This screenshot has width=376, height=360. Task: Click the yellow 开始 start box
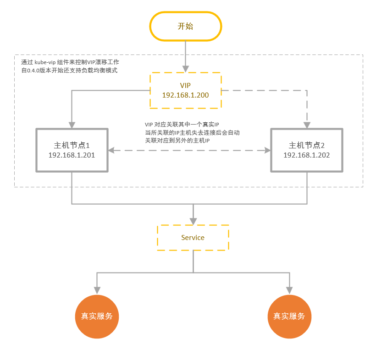coord(185,27)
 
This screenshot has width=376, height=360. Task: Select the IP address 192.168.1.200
coord(185,95)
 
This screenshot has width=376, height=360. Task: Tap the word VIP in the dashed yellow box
coord(185,86)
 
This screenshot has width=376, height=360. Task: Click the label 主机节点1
coord(72,145)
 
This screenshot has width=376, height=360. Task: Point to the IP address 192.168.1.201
coord(72,155)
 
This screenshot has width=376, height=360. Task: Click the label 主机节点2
coord(306,145)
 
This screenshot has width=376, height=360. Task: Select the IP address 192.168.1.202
coord(306,155)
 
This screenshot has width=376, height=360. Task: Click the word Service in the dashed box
coord(193,237)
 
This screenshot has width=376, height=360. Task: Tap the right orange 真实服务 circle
coord(289,316)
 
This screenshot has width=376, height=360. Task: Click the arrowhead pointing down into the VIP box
coord(185,68)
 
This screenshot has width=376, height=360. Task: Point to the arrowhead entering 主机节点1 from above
coord(72,124)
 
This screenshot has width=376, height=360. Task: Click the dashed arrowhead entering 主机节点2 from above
coord(306,124)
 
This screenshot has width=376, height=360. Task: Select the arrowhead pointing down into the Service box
coord(193,220)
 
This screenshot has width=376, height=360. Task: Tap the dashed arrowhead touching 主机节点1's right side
coord(112,150)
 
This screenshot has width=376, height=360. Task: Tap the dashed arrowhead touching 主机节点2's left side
coord(267,150)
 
